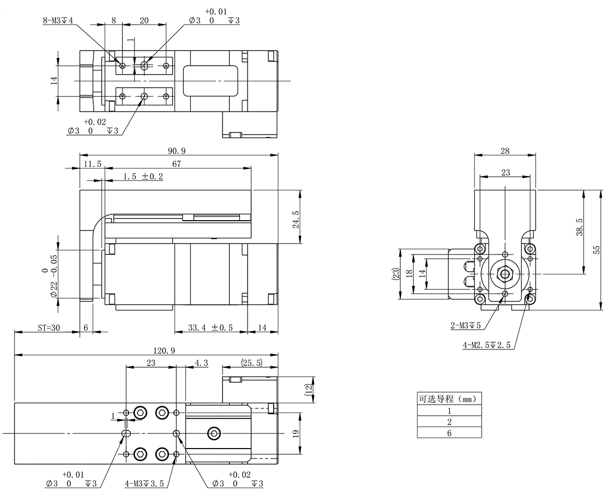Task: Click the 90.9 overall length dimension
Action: tap(177, 151)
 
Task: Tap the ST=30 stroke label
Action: tap(49, 328)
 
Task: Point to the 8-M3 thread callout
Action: tap(58, 21)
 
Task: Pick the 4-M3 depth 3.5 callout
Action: tap(144, 483)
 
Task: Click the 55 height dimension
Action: tap(597, 250)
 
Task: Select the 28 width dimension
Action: tap(505, 151)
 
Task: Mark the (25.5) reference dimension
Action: tap(251, 362)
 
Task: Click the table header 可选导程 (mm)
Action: tap(449, 399)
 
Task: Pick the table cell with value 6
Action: tap(449, 433)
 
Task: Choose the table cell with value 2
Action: tap(449, 421)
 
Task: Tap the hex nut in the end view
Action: tap(505, 273)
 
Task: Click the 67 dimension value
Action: tap(177, 164)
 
